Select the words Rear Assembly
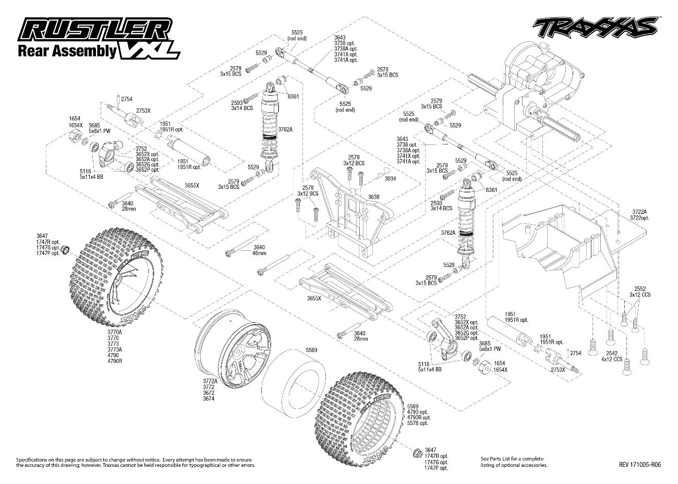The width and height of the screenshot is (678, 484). (67, 51)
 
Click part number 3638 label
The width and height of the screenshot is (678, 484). (373, 197)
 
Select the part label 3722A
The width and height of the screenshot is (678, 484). (639, 212)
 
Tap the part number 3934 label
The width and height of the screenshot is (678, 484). (391, 178)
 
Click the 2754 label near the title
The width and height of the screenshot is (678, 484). (126, 98)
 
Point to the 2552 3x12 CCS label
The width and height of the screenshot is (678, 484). (639, 291)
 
